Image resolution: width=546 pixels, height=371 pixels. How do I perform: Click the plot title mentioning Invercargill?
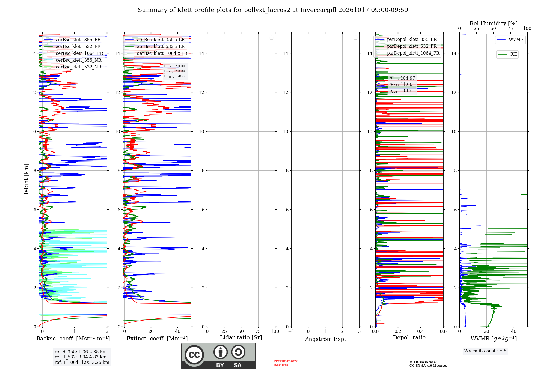(x=273, y=10)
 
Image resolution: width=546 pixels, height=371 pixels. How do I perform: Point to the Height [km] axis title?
(x=26, y=180)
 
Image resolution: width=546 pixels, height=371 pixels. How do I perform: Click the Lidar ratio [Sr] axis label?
(x=241, y=337)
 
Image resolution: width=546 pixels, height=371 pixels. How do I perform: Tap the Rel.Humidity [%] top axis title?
(x=493, y=23)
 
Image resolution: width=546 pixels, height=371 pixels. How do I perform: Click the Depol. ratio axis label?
(x=409, y=337)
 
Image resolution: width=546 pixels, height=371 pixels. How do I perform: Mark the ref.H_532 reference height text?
(x=81, y=357)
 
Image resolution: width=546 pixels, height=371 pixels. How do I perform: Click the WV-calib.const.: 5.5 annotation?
(x=485, y=351)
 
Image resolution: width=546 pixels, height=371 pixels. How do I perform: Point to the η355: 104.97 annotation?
(x=402, y=78)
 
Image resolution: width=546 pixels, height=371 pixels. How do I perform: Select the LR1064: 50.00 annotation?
(x=175, y=76)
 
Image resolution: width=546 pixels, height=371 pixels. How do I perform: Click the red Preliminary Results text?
(x=285, y=363)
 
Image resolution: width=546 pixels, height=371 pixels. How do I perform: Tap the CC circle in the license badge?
(x=194, y=355)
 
